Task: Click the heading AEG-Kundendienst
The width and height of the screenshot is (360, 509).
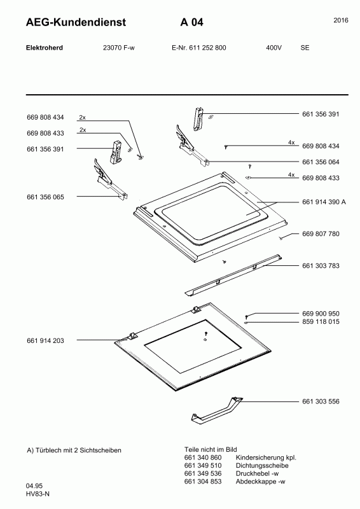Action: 76,22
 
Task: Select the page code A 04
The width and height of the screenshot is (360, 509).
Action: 192,22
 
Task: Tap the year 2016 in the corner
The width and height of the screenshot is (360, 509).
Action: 341,20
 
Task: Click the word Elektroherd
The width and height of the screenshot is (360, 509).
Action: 45,48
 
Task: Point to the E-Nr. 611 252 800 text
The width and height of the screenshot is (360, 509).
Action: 198,48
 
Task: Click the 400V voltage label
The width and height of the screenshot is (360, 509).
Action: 274,48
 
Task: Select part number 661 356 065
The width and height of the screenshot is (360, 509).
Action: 45,197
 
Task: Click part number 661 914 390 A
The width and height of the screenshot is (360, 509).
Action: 324,202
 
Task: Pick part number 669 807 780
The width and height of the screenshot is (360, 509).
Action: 321,234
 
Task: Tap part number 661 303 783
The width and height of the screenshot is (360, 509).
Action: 321,265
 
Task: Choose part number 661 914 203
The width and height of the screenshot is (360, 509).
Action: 45,340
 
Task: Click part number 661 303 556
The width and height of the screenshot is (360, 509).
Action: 321,401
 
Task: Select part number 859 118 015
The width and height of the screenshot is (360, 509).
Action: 321,322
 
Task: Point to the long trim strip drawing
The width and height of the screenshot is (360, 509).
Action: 233,275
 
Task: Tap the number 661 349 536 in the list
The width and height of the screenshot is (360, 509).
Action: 203,473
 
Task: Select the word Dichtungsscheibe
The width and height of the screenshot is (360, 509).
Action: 262,466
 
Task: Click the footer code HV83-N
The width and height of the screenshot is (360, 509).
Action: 38,494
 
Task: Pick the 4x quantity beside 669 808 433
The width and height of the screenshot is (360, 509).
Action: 291,174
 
